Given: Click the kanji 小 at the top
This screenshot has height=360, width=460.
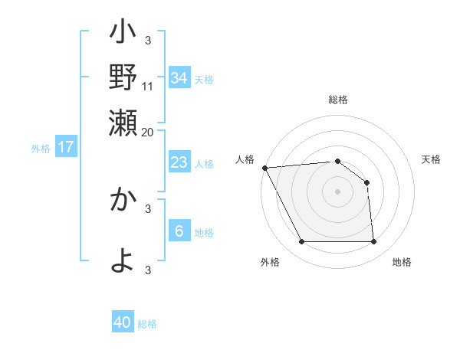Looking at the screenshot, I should pos(123,35).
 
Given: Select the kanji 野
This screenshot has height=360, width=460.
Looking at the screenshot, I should pos(123,79).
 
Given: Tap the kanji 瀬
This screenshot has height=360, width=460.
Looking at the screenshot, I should pos(123,123).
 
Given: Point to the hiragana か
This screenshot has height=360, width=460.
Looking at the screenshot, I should pos(123,200).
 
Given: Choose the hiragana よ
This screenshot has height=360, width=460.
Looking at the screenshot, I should pos(123,259).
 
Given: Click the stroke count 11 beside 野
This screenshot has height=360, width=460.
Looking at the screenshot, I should pos(148,86).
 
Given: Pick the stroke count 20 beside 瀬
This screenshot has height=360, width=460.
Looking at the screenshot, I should pos(148,132).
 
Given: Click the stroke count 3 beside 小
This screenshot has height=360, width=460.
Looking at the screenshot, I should pos(148,40).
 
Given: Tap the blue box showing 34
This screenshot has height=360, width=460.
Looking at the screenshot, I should pos(179,77).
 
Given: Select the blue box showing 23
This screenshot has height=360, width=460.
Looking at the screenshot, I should pos(179,162).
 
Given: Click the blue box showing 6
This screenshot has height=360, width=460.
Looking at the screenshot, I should pos(179,231).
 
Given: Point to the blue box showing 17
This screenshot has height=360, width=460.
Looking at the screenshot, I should pos(65,147).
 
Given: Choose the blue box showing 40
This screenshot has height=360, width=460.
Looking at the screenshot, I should pos(122,322).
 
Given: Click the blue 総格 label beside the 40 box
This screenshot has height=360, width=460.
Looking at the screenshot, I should pos(147,324).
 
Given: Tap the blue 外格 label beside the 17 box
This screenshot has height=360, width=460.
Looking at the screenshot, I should pos(40,149).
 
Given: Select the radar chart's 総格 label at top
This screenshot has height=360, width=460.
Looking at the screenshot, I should pos(337,100).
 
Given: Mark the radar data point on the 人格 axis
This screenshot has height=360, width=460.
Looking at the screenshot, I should pos(264,167).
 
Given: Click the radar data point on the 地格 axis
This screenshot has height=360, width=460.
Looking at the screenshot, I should pos(374,242).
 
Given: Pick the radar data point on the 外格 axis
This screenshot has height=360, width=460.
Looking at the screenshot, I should pos(301,242).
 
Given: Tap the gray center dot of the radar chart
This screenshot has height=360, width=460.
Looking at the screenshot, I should pos(337,191).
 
